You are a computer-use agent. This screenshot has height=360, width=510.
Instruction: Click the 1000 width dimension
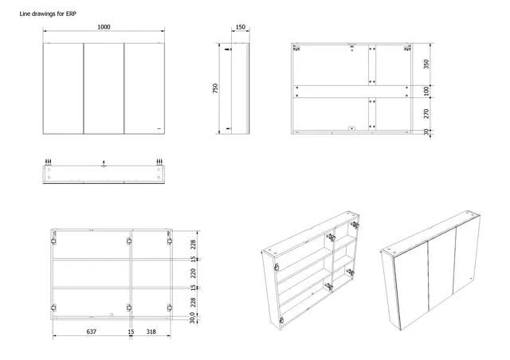click(x=104, y=26)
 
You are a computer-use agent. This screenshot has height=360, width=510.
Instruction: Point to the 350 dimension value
click(x=426, y=65)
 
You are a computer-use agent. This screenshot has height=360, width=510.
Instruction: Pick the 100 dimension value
click(x=426, y=92)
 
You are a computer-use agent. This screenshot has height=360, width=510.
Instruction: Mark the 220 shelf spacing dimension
click(x=193, y=272)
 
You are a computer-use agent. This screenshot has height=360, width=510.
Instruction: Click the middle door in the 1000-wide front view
click(x=104, y=88)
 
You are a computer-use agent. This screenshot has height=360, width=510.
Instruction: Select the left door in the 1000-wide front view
click(x=62, y=88)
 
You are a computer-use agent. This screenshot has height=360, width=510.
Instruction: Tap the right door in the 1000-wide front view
click(x=144, y=88)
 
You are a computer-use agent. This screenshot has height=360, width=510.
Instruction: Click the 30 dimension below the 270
click(x=426, y=131)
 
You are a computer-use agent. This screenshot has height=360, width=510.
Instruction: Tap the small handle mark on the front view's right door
click(x=159, y=127)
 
